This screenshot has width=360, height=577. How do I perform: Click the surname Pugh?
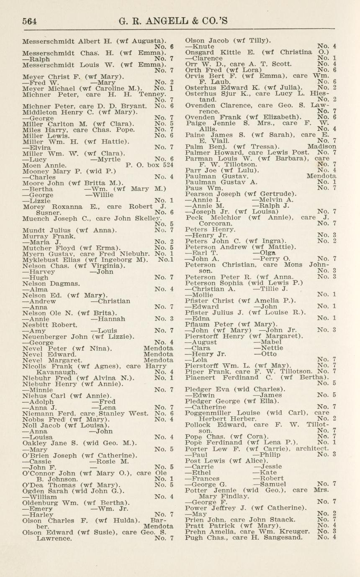(x=193, y=537)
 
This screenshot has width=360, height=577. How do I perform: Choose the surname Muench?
(x=35, y=218)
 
